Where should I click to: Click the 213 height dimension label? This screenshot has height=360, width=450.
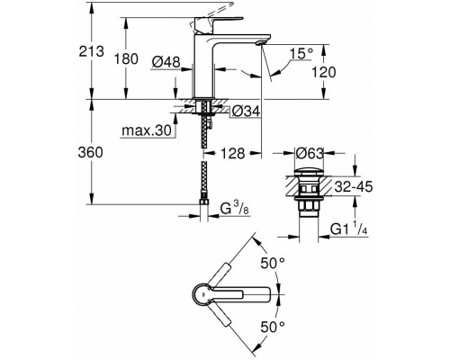(92, 51)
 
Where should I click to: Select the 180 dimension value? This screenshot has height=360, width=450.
(126, 58)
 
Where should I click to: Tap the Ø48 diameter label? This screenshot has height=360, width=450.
(166, 62)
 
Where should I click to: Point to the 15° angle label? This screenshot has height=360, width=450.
(301, 54)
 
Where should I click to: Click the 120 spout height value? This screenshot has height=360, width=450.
(324, 72)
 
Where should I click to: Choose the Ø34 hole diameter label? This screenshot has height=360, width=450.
(246, 112)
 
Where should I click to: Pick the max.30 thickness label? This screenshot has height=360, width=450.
(147, 130)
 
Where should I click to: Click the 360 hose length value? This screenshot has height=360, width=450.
(90, 152)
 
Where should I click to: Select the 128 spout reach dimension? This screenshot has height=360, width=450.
(233, 153)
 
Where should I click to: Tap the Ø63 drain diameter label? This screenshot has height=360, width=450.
(310, 153)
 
